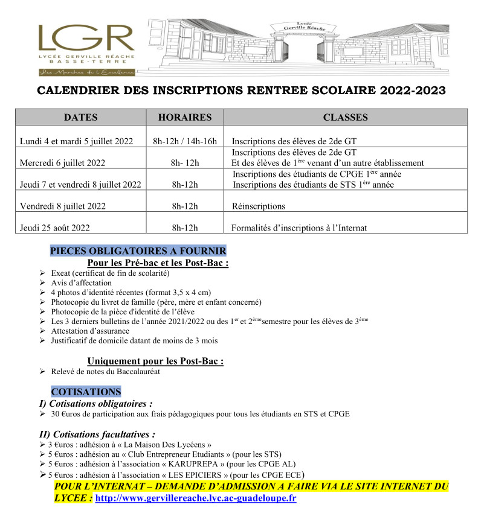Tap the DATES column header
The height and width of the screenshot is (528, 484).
pos(80,118)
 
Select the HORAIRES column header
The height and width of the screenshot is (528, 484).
pos(185,118)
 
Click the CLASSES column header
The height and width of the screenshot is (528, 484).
pos(345,118)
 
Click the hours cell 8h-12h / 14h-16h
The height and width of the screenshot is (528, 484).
pos(185,141)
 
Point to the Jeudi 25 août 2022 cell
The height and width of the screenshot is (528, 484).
pos(55,227)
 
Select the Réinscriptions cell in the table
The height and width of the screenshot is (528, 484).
pos(259,206)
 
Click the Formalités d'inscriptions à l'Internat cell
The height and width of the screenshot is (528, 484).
pos(300,227)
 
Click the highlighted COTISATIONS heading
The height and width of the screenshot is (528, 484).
pos(86,392)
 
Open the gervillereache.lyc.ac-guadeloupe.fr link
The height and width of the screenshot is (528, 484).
pos(196,499)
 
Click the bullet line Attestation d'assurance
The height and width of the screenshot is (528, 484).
pos(90,331)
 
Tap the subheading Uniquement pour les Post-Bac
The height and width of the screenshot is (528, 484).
pos(155,361)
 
